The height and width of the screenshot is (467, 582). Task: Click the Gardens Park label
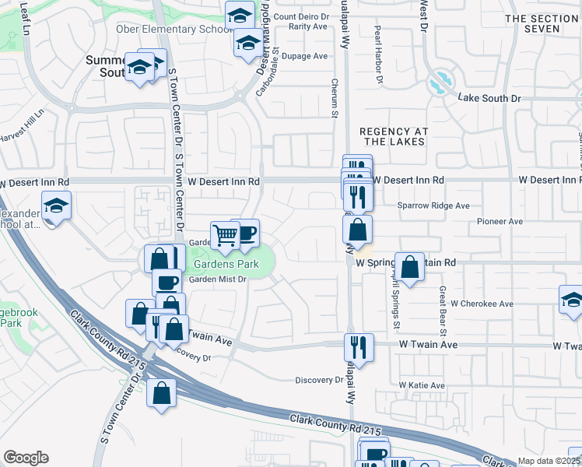coord(226,264)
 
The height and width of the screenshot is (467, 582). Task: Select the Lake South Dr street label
coord(489,98)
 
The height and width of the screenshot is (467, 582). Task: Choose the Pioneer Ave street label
coord(500,222)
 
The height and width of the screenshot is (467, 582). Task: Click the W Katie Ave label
coord(422,385)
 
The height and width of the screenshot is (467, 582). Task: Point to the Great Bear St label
coord(441,304)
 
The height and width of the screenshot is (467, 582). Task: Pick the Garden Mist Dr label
coord(218,279)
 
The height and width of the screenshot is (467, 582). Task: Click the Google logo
coord(26,458)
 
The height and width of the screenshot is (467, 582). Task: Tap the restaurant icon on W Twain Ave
coord(359,345)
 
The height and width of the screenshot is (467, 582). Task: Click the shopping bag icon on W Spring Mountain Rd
coord(410,267)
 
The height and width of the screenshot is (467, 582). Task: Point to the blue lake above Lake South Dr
coord(440,82)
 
